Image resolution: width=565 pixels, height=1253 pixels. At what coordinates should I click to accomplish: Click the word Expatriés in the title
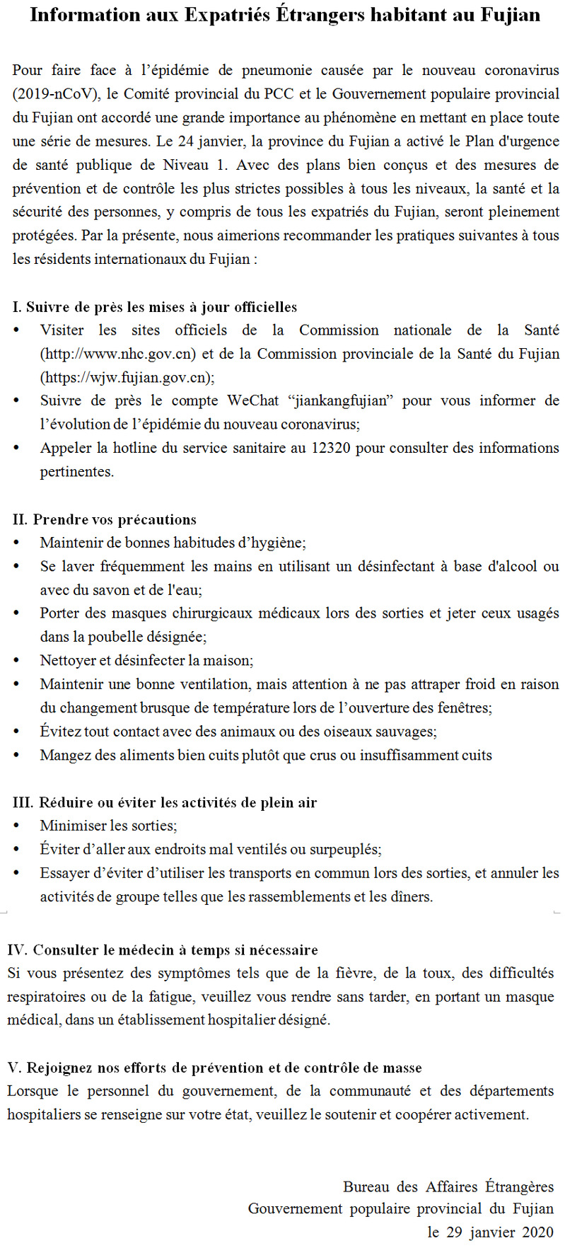coord(227,15)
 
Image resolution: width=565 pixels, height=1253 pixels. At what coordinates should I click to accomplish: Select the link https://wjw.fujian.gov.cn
coord(126,377)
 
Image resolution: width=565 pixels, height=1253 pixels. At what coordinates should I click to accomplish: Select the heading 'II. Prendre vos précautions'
coord(105,519)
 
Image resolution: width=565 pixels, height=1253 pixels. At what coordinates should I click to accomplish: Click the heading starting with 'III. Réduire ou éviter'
coord(164,802)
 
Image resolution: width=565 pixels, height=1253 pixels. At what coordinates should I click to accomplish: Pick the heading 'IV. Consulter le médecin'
coord(163,949)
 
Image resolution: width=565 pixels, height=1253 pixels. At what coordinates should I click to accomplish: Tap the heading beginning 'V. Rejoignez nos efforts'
coord(214,1068)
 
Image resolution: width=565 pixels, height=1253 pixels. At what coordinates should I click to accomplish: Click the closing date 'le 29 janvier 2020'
coord(490,1232)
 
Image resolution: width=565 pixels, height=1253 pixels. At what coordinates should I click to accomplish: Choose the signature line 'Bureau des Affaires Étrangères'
coord(448,1186)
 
